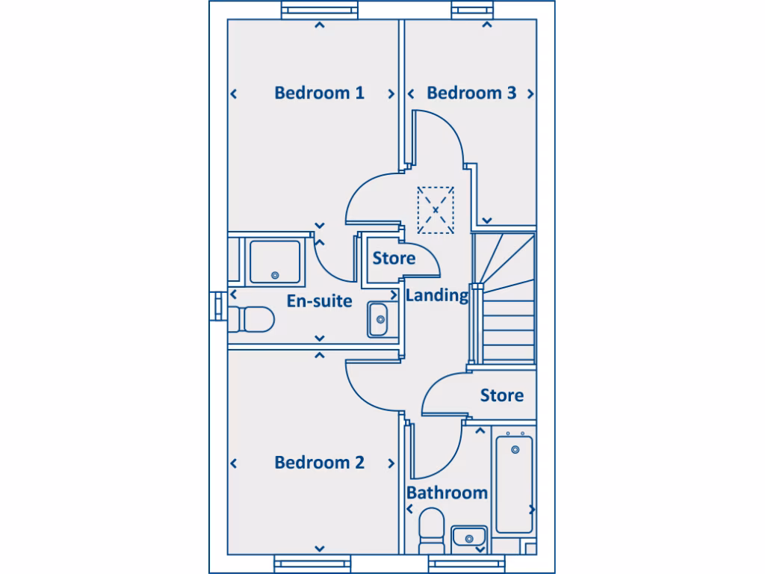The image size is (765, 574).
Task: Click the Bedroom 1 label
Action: pos(319,93)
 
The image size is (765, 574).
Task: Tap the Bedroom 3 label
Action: pos(471,93)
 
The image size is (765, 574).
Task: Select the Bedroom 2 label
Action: pos(319,463)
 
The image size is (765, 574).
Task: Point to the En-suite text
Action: pos(319,301)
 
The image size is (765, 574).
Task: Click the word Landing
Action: pos(437,295)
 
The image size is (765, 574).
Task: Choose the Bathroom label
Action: pos(447,493)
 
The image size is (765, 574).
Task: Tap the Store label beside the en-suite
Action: pos(394,259)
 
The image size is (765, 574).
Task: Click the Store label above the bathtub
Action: pos(501,395)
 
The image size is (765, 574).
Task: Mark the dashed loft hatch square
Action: pos(436,209)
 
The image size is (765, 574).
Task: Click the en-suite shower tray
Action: pos(275,262)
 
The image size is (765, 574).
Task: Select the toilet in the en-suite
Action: pos(251,320)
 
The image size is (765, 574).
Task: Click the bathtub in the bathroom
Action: pos(515,484)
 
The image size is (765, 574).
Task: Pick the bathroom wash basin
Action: pos(469,537)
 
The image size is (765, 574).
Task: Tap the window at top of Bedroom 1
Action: pos(320,10)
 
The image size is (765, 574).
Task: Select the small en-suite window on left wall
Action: pos(217,305)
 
